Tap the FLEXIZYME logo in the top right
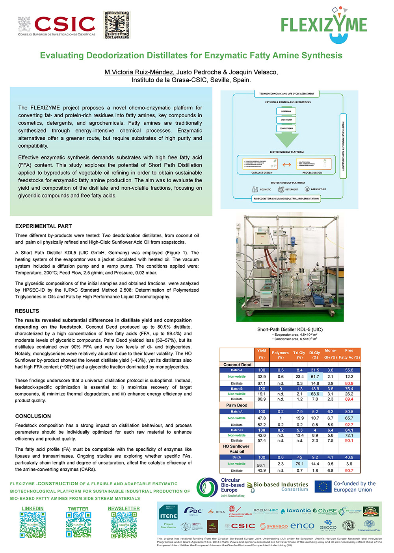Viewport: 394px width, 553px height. (x=324, y=24)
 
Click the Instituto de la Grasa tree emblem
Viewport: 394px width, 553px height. (x=117, y=25)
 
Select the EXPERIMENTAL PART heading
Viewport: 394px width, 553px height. (x=43, y=226)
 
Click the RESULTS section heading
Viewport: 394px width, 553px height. (x=27, y=311)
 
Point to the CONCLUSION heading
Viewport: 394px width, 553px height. (x=33, y=416)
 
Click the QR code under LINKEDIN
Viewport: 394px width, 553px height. (x=33, y=525)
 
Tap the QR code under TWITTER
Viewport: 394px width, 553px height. (x=78, y=525)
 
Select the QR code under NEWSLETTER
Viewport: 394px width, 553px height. (x=124, y=525)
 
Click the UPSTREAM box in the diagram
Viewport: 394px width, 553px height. (x=286, y=111)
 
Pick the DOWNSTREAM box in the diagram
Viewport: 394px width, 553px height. (x=286, y=128)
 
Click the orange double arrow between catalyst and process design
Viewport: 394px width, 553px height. (x=287, y=165)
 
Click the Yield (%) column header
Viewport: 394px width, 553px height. (x=262, y=354)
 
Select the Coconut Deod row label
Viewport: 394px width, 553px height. (x=237, y=364)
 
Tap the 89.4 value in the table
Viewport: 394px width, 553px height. (x=349, y=399)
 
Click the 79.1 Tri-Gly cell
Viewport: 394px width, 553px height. (x=300, y=464)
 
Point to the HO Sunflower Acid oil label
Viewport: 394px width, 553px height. (x=236, y=449)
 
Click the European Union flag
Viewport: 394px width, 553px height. (x=323, y=486)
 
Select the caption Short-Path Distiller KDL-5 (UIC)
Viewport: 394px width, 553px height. (x=290, y=329)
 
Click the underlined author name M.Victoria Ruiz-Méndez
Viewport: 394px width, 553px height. (x=139, y=72)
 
